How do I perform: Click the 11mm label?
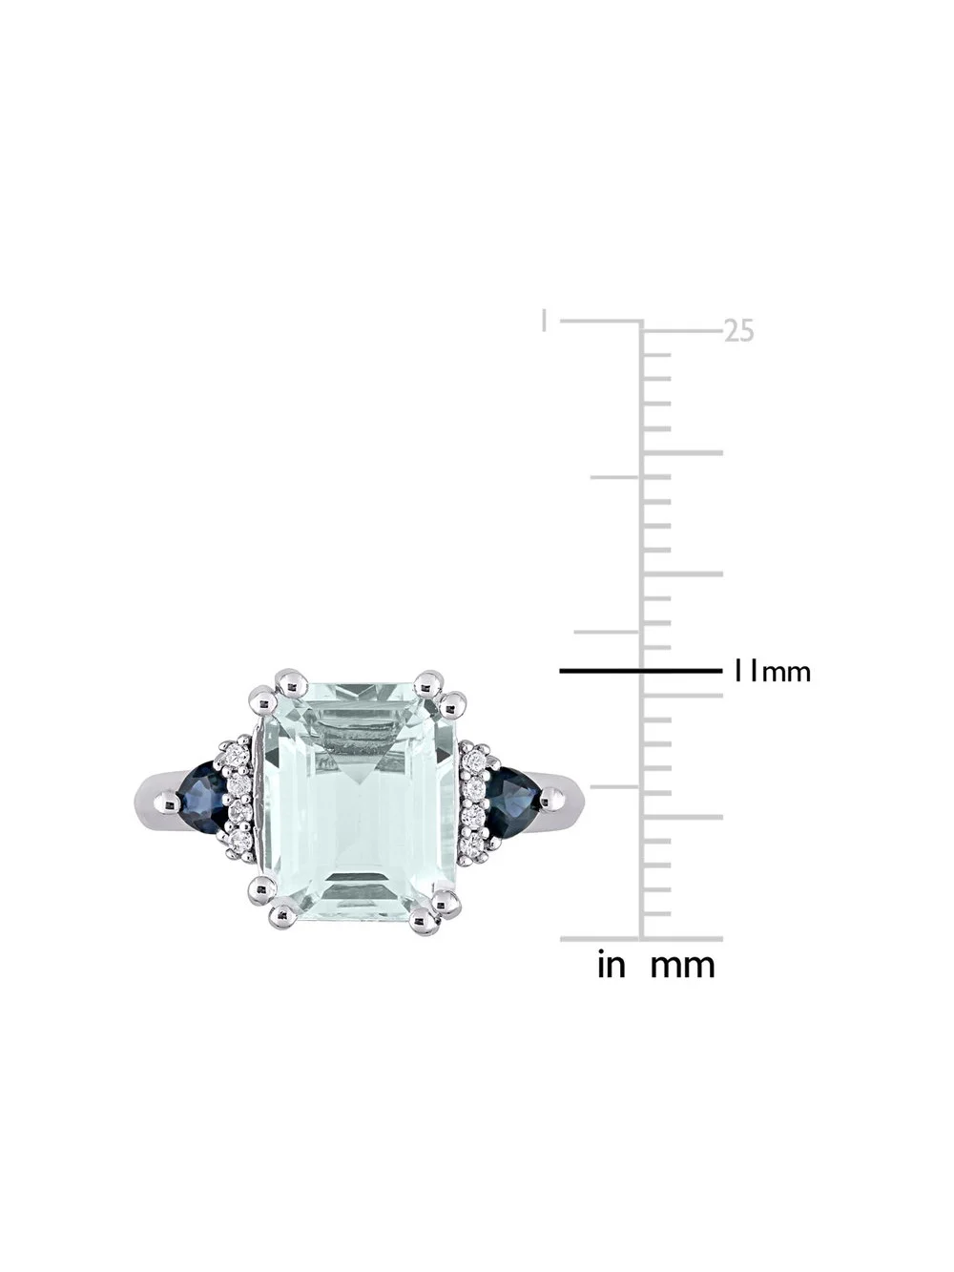tap(771, 672)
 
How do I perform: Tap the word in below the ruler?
tap(611, 965)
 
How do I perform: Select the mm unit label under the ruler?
tap(682, 965)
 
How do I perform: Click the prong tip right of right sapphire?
tap(549, 803)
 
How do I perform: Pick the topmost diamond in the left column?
tap(242, 756)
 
